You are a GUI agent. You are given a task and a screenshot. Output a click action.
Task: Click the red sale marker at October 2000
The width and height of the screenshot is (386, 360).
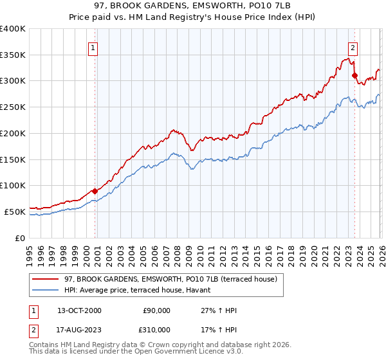tap(95, 190)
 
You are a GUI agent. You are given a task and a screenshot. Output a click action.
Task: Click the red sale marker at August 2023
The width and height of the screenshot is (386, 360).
tap(354, 75)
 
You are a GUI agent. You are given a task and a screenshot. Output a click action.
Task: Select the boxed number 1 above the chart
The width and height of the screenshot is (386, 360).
tap(93, 48)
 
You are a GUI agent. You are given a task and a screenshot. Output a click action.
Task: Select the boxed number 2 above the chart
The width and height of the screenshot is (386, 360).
tap(353, 46)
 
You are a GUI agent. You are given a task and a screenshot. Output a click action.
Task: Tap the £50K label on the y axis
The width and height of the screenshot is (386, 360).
tap(14, 211)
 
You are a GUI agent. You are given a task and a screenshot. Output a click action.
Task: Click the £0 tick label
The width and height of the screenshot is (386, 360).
tap(19, 237)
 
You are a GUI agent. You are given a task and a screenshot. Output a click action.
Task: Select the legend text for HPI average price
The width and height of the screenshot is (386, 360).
tap(142, 291)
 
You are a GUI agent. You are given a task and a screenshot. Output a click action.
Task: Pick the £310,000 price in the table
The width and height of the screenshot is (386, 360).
tap(157, 329)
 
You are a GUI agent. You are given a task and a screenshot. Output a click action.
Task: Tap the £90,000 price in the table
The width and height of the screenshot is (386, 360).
tap(157, 310)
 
